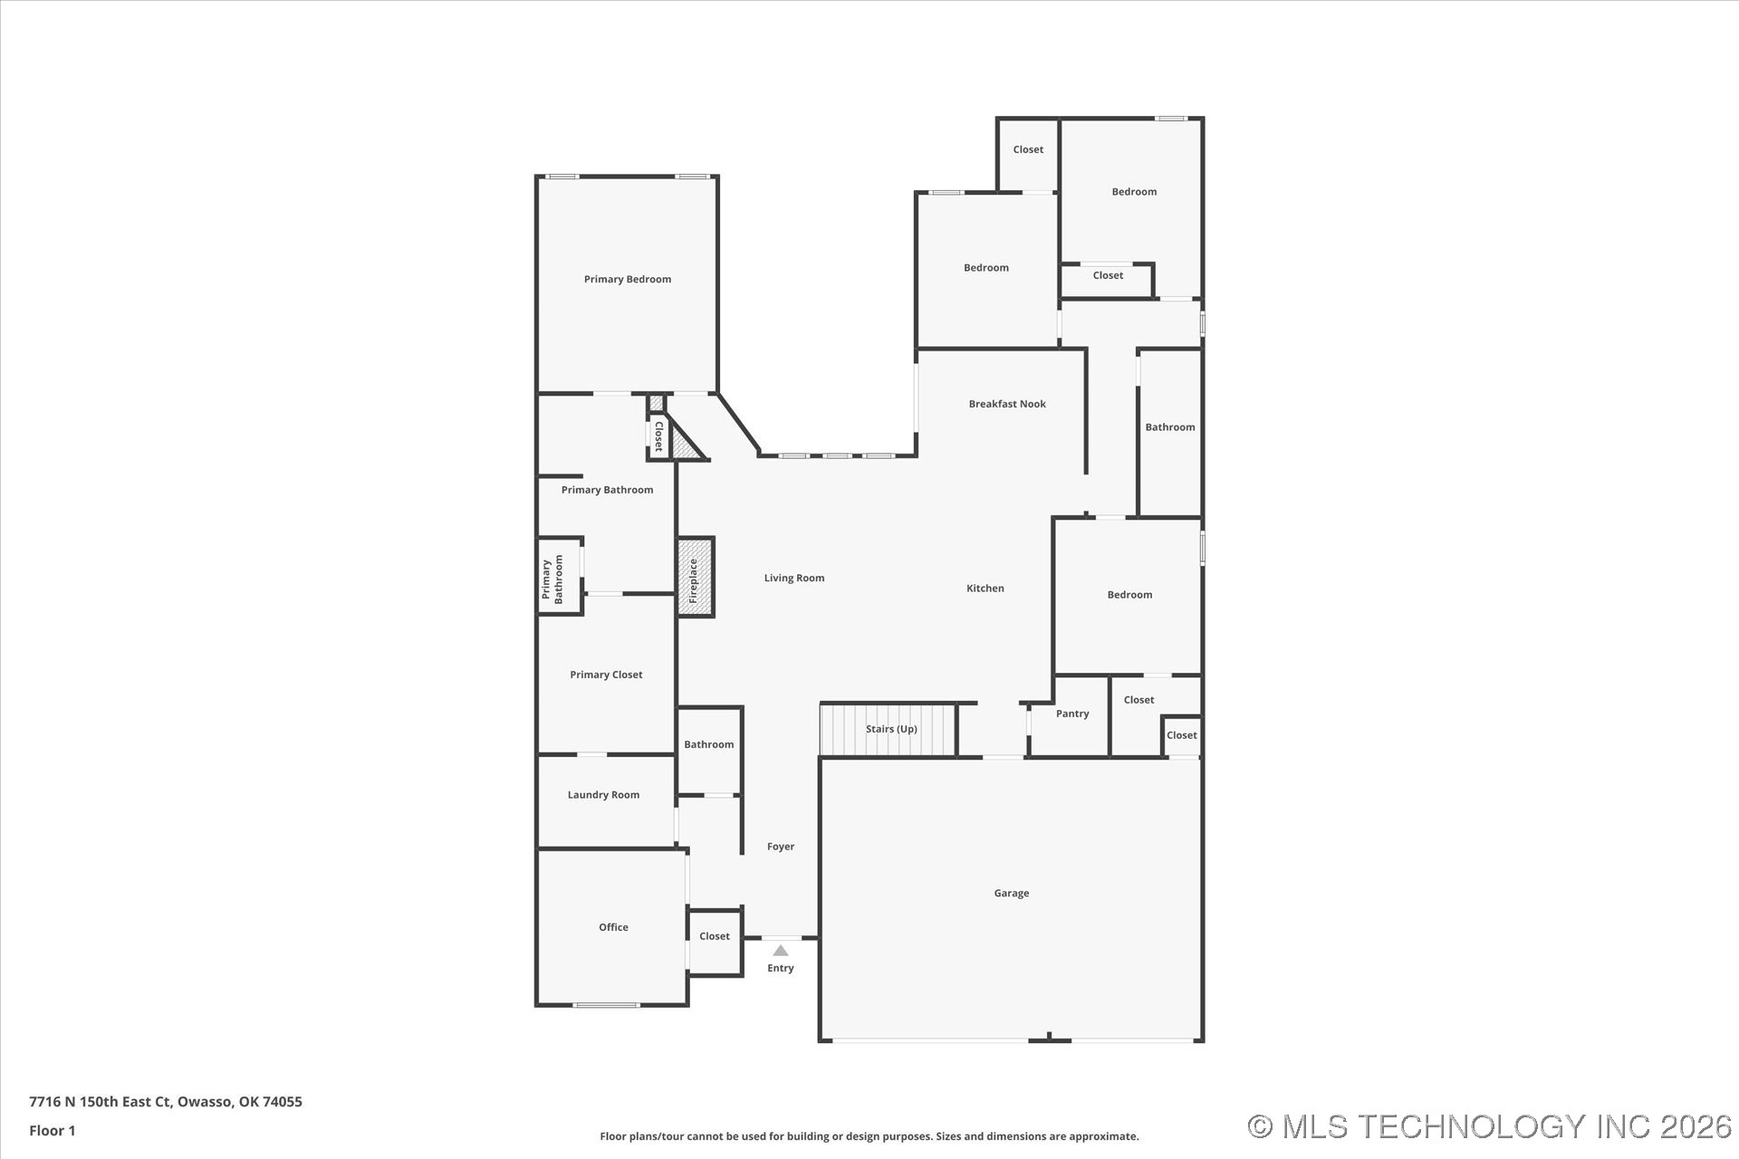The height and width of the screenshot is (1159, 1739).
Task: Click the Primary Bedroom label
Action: click(x=628, y=279)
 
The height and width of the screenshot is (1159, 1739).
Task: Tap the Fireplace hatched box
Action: click(x=695, y=578)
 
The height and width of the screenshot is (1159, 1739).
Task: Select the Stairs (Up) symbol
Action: click(x=888, y=730)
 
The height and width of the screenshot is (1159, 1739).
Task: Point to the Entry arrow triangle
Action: click(x=780, y=951)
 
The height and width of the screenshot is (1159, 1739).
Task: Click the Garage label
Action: click(x=1012, y=893)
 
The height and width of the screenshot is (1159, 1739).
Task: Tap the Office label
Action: click(x=613, y=927)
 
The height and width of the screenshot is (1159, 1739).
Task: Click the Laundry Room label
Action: click(x=603, y=795)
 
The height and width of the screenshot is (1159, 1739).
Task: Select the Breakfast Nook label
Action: click(x=1007, y=404)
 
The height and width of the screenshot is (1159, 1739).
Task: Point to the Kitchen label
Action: click(x=985, y=589)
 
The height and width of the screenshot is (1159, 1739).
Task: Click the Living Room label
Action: click(x=794, y=578)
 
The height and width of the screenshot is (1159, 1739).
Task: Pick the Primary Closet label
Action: click(x=606, y=675)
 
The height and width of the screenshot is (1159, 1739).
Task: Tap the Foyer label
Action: click(x=781, y=847)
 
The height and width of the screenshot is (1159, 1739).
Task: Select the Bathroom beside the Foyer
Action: click(x=709, y=751)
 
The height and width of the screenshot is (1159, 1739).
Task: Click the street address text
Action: click(x=166, y=1102)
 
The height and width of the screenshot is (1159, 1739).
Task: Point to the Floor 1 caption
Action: click(x=53, y=1130)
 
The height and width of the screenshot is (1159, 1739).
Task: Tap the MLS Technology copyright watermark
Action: click(x=1490, y=1126)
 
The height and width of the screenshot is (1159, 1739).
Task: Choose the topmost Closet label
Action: click(x=1028, y=149)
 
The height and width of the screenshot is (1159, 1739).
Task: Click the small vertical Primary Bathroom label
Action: click(x=552, y=579)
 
